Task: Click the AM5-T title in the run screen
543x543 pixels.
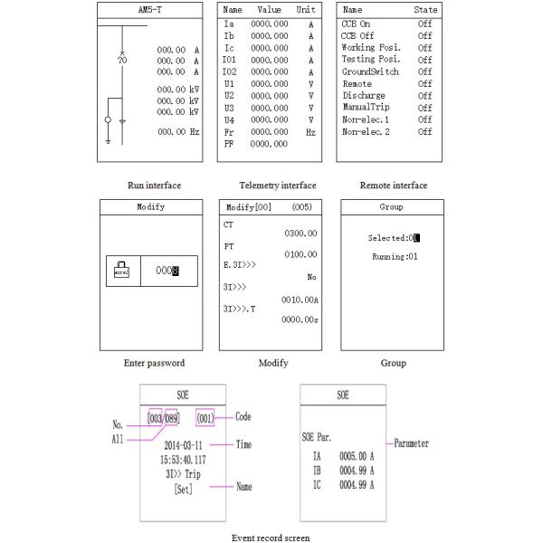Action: (x=151, y=9)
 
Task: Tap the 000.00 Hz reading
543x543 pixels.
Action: (x=177, y=132)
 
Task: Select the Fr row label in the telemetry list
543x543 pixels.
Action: (x=228, y=131)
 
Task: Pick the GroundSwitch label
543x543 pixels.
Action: (x=369, y=71)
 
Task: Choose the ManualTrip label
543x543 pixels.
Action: (x=367, y=108)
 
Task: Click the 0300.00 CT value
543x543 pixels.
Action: (x=300, y=233)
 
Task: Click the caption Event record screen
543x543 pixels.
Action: (x=271, y=538)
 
